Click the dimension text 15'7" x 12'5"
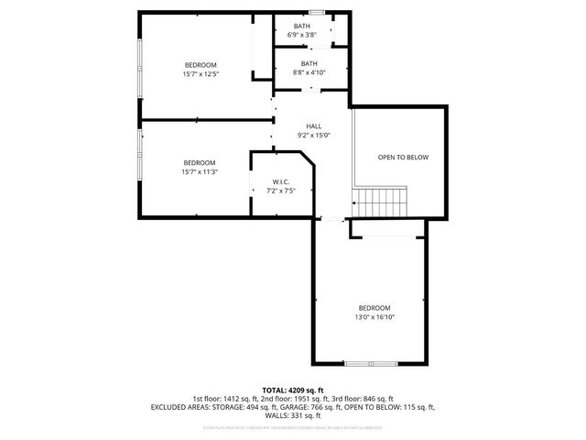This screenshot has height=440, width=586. (201, 73)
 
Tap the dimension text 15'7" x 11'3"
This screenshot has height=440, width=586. (199, 171)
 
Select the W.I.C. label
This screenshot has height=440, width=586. (281, 181)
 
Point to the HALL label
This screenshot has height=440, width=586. (313, 126)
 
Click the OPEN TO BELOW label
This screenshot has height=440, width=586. (403, 158)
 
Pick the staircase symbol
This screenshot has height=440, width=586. (381, 200)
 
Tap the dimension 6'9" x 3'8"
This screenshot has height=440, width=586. (301, 35)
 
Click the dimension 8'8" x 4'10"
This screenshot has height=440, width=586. (309, 72)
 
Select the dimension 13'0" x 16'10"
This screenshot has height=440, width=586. (374, 316)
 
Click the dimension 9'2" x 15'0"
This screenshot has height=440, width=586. (313, 135)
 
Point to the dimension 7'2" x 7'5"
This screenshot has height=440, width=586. (281, 191)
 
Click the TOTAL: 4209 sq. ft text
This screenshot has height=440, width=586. (292, 390)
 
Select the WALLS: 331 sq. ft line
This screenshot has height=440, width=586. (293, 414)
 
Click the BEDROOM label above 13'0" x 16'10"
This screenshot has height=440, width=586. (374, 307)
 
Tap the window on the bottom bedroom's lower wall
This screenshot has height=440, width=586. (370, 364)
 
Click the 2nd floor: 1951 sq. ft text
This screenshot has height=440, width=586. (291, 399)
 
